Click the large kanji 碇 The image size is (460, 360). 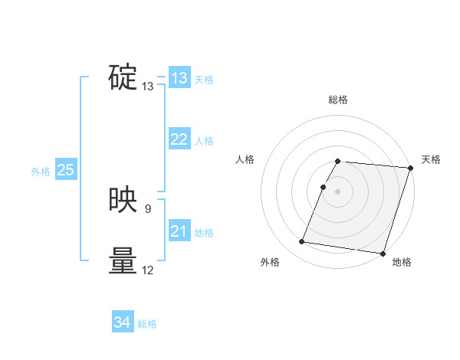click(x=123, y=77)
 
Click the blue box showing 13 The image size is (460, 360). click(x=179, y=78)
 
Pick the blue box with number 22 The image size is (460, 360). click(x=179, y=139)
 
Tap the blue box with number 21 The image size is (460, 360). click(x=179, y=231)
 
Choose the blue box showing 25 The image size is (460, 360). click(x=65, y=170)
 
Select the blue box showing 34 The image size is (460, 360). click(x=122, y=322)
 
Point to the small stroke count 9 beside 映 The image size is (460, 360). click(x=148, y=208)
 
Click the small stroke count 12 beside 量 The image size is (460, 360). click(x=148, y=270)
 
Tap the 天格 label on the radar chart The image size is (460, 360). click(x=431, y=159)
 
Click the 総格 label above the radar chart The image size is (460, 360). click(x=338, y=100)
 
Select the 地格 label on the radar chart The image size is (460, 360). click(x=402, y=262)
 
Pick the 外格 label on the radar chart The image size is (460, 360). click(x=270, y=262)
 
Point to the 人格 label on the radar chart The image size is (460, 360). click(x=245, y=159)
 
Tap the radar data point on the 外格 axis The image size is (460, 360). click(x=302, y=242)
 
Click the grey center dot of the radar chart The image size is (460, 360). click(x=338, y=191)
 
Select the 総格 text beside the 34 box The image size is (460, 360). click(x=147, y=324)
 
